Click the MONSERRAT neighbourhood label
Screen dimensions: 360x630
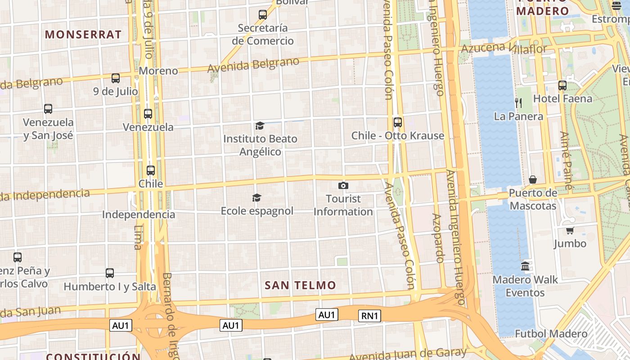83,35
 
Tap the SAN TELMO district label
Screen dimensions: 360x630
300,285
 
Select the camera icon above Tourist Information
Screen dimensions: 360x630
343,185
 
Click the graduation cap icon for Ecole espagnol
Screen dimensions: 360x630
256,198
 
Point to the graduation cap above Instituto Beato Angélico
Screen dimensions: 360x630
260,126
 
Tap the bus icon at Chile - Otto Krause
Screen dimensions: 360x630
397,122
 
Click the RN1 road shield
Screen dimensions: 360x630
369,316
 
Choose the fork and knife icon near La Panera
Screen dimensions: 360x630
518,103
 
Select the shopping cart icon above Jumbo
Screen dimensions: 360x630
570,230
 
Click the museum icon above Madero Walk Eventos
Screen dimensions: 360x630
525,266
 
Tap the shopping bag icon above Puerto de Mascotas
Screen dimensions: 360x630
533,180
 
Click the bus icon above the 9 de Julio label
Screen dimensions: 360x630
116,78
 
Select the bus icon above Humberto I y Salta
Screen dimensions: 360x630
110,273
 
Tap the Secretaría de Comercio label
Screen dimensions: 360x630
263,34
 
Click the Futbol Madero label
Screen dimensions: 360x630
551,333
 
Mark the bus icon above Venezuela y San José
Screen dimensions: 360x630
48,109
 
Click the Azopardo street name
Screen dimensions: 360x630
438,238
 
